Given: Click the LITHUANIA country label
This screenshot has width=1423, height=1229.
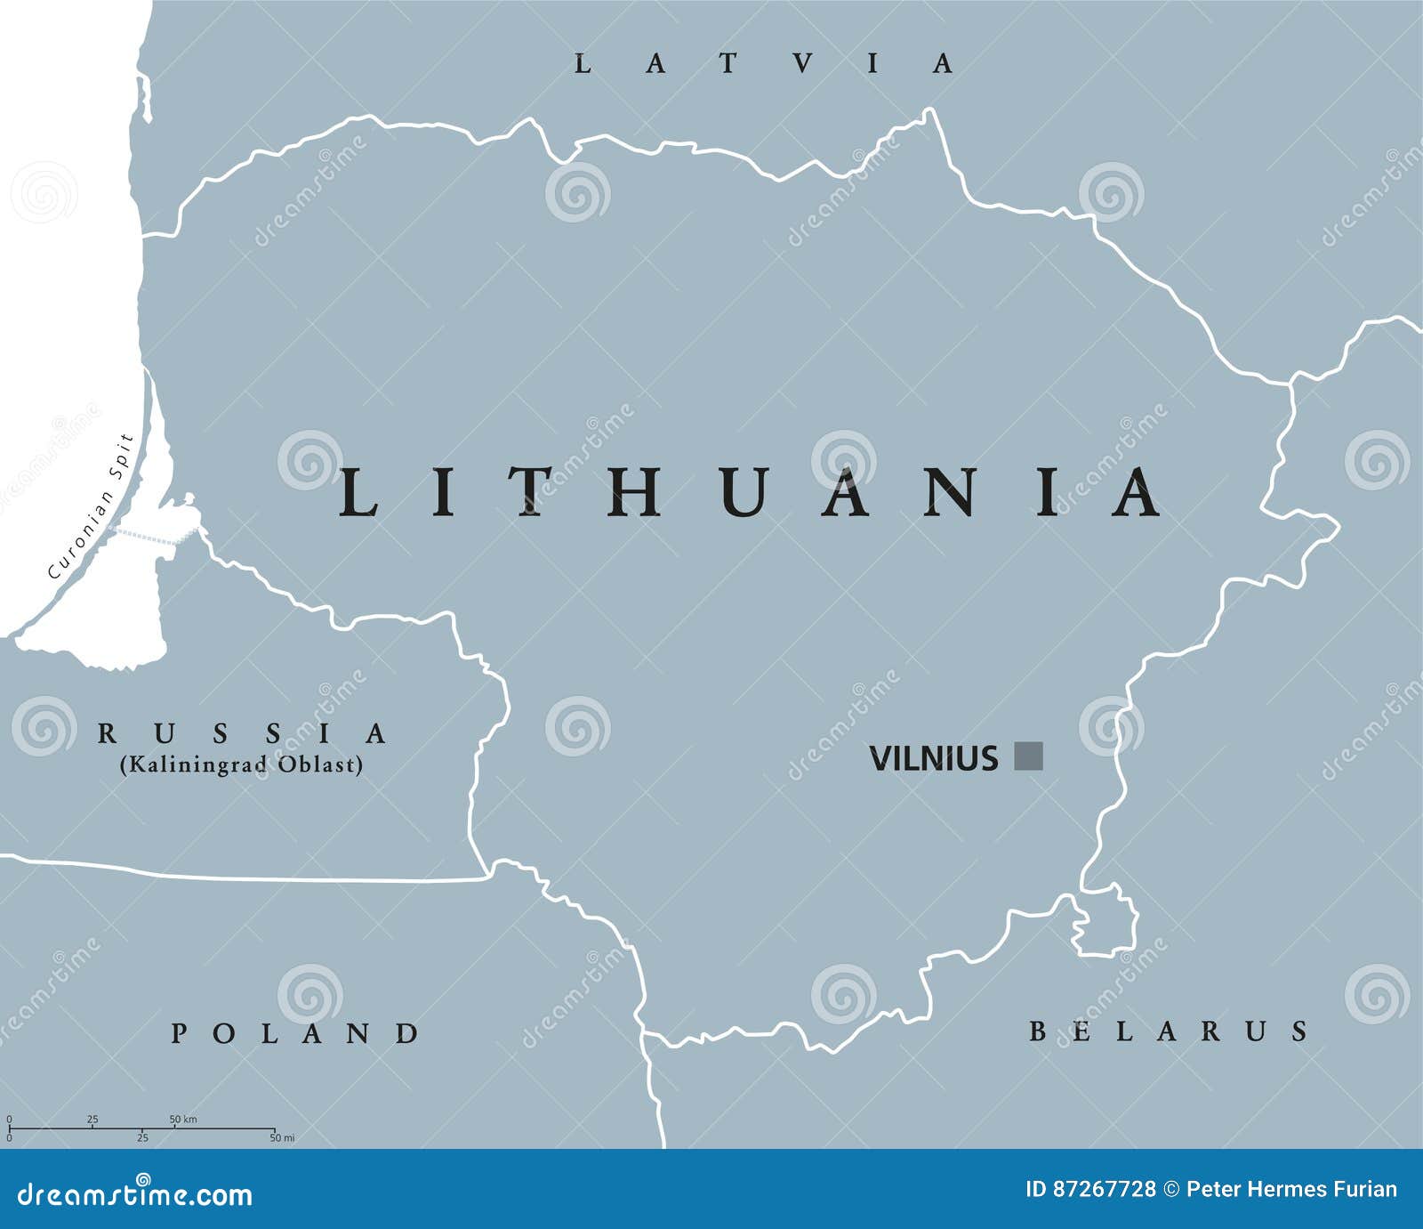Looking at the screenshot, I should point(749,492).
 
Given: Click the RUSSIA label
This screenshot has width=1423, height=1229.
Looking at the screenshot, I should point(242,733).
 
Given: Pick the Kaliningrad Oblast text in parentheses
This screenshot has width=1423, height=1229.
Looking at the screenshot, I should point(242,764).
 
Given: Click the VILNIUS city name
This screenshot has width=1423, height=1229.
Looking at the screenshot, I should point(933,758).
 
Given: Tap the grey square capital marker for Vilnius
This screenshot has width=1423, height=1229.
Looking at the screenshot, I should point(1028,756).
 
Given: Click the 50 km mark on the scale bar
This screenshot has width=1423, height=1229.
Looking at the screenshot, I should point(182,1119).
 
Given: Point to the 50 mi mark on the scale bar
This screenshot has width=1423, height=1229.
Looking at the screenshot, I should point(282,1138).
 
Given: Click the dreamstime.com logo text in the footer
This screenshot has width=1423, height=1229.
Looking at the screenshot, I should point(135,1194).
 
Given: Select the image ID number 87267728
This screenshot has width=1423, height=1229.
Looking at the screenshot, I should point(1104,1189).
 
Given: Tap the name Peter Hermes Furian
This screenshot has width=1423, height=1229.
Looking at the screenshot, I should point(1291,1189).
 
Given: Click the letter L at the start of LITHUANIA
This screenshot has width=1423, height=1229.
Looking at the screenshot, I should point(358,492).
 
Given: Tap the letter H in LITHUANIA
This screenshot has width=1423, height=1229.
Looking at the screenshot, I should point(635,492).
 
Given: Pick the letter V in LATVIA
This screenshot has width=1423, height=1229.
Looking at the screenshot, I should point(803,64).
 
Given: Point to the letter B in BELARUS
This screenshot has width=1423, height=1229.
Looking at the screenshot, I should point(1038,1031).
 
